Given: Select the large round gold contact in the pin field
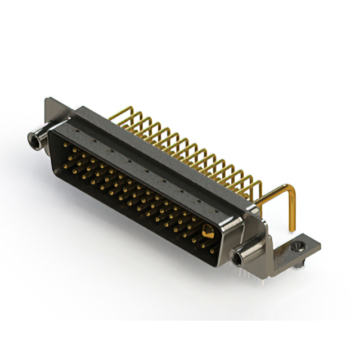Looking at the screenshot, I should point(208,231).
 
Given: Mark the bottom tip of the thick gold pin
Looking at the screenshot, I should point(292,229).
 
